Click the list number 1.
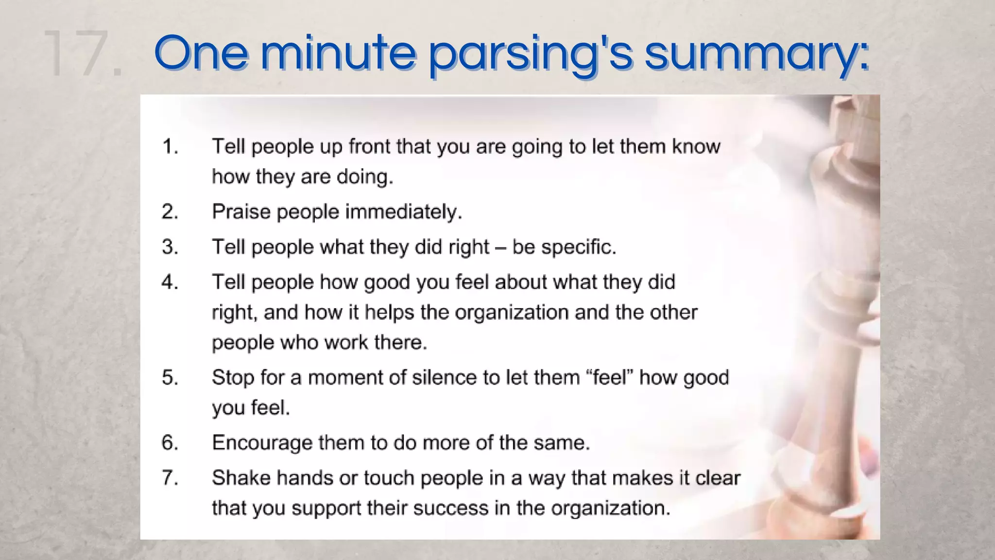coord(170,146)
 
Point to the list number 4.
coord(170,282)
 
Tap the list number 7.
coord(170,478)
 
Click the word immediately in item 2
coord(403,212)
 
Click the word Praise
coord(241,212)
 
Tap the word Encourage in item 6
coord(262,443)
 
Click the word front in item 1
coord(369,146)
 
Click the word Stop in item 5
coord(233,378)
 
